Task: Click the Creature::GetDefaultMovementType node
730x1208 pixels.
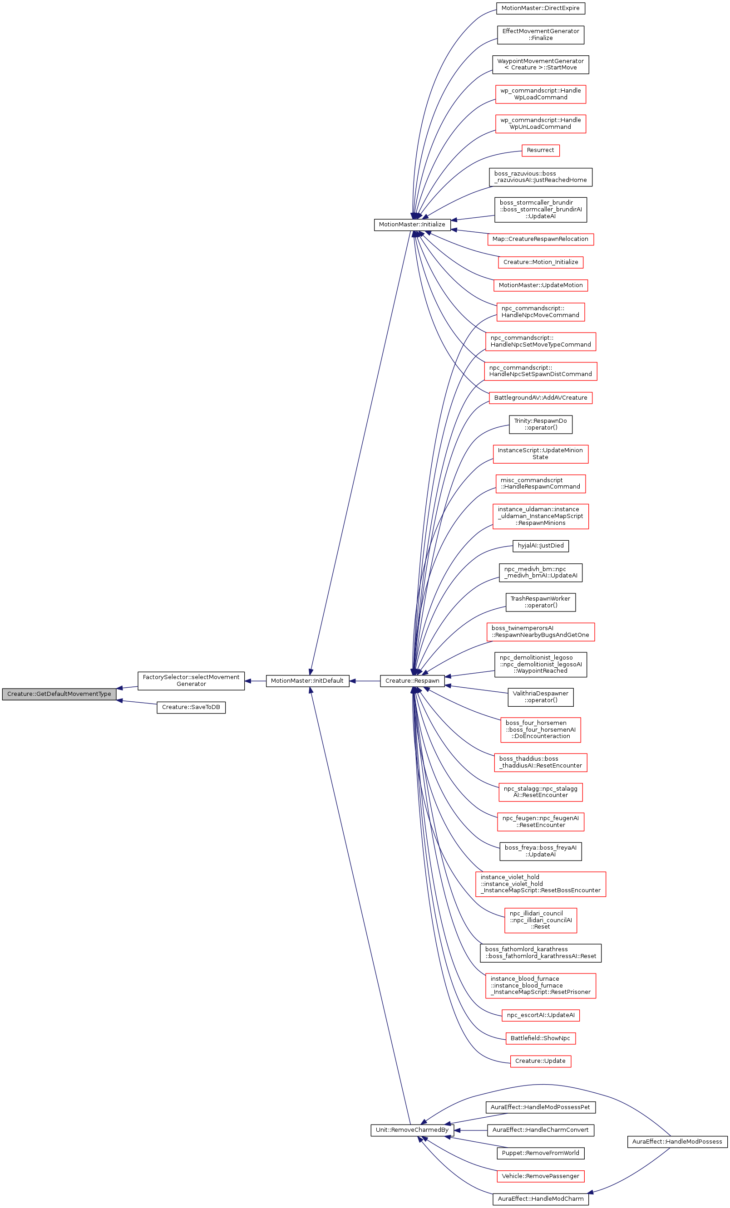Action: [59, 694]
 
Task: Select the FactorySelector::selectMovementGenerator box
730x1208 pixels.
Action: [191, 680]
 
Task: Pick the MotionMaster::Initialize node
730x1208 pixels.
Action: [412, 225]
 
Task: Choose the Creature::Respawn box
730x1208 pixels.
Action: [412, 680]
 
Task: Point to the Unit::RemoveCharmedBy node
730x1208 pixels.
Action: [412, 1130]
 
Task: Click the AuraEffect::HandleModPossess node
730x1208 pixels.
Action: [677, 1141]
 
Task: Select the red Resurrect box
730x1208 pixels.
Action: [540, 150]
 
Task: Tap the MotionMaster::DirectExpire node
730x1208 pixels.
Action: [540, 8]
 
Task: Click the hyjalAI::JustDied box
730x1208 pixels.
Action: [541, 545]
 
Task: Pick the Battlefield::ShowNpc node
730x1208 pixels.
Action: [540, 1038]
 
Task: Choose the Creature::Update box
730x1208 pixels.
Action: [540, 1061]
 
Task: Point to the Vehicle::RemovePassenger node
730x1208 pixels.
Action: [540, 1176]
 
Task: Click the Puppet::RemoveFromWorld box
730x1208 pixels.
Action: [540, 1153]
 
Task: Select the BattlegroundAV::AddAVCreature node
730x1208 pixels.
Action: [540, 397]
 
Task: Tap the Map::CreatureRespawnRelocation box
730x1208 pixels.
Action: [540, 239]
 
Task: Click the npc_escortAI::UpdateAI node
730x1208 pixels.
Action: [540, 1015]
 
